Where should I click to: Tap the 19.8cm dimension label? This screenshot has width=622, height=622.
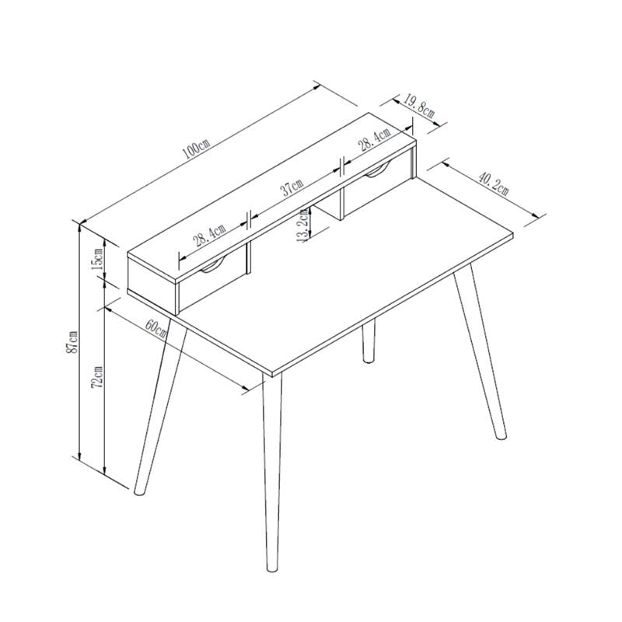(x=419, y=106)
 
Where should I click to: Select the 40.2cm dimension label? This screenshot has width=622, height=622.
(x=493, y=183)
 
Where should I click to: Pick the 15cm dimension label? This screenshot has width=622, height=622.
(x=97, y=260)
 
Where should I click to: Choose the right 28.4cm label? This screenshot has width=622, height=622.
(x=375, y=139)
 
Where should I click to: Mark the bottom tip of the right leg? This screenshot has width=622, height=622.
(x=501, y=438)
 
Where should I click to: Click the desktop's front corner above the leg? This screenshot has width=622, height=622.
(x=272, y=376)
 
